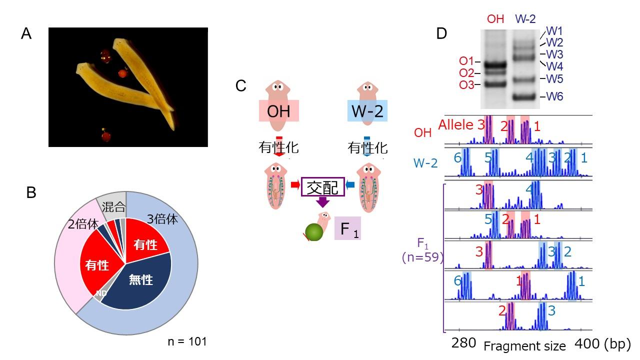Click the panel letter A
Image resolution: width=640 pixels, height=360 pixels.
(27, 34)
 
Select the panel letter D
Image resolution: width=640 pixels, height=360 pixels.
(441, 33)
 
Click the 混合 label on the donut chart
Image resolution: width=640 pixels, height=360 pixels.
(113, 206)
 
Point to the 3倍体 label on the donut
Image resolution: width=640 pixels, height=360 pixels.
(162, 219)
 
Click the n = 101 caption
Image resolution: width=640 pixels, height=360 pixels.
(187, 341)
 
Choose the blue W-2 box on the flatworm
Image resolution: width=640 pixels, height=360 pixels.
(367, 110)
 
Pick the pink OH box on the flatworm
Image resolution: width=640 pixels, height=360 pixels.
(278, 110)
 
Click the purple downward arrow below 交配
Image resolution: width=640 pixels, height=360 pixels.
(322, 202)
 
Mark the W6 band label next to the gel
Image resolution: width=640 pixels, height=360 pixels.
(554, 96)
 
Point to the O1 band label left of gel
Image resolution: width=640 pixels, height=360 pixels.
(466, 61)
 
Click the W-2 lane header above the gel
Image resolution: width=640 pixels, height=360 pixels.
(525, 19)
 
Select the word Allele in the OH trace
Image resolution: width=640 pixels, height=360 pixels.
(456, 125)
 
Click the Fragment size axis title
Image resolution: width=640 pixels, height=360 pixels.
(524, 345)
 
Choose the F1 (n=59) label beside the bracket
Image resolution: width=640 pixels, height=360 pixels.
(422, 250)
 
